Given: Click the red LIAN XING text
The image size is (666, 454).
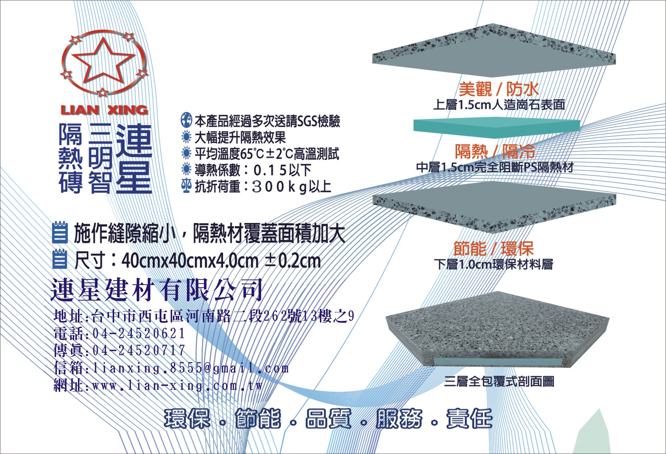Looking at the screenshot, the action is tap(104, 110).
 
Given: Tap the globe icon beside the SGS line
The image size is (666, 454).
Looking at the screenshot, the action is tap(186, 121).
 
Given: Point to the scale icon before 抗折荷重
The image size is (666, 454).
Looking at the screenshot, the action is tap(187, 186).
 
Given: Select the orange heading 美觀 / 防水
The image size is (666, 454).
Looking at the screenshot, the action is tap(499, 89).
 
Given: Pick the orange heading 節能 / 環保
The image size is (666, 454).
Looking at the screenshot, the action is tap(493, 248).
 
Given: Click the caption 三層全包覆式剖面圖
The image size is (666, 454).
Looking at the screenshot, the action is tap(499, 381).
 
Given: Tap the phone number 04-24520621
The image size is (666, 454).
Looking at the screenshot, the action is tap(139, 333).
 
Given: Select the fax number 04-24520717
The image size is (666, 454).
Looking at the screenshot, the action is tap(139, 350).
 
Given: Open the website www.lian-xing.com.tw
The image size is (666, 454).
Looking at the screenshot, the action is tap(178, 386).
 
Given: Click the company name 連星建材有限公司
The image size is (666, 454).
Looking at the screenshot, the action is tap(157, 289).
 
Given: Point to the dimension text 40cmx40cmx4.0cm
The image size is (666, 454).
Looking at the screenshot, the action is tap(190, 261).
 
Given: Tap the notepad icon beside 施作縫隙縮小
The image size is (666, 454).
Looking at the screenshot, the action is tap(60, 232).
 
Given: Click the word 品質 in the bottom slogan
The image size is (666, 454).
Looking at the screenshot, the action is tap(328, 419).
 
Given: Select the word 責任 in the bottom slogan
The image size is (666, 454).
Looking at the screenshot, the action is tap(469, 419).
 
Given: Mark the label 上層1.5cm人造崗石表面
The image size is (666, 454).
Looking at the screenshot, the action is tap(499, 105).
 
